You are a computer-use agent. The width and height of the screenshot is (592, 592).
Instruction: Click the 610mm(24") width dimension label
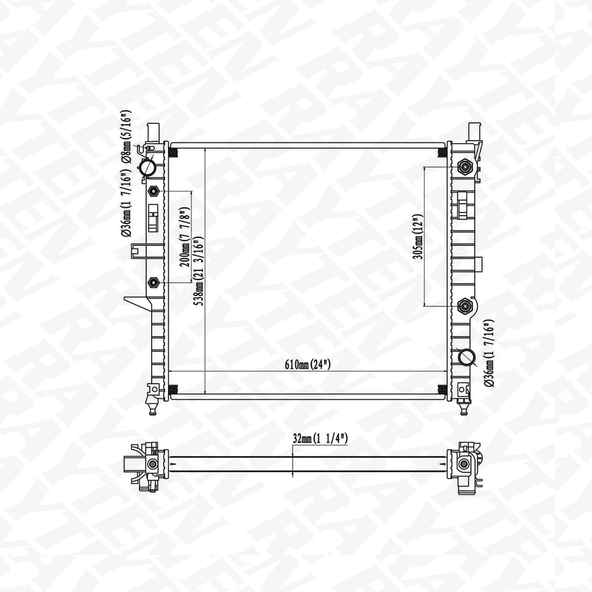(x=308, y=364)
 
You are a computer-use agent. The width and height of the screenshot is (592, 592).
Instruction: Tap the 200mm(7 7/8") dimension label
(x=183, y=237)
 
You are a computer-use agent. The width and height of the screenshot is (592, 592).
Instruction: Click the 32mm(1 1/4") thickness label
(x=321, y=439)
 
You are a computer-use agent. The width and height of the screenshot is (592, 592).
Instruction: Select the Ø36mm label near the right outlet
(x=488, y=353)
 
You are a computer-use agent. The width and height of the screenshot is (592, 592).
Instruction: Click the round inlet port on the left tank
(x=147, y=167)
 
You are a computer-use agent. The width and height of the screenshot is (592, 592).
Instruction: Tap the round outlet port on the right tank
(x=467, y=357)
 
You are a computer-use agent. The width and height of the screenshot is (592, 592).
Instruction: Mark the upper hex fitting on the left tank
(x=154, y=191)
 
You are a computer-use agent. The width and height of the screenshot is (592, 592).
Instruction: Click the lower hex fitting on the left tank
(x=154, y=282)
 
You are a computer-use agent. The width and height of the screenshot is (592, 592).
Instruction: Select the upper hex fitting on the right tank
(x=465, y=166)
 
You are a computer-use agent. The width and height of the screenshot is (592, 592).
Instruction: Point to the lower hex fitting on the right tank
(x=465, y=305)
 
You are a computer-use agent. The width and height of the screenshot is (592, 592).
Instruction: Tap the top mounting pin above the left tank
(x=154, y=131)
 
